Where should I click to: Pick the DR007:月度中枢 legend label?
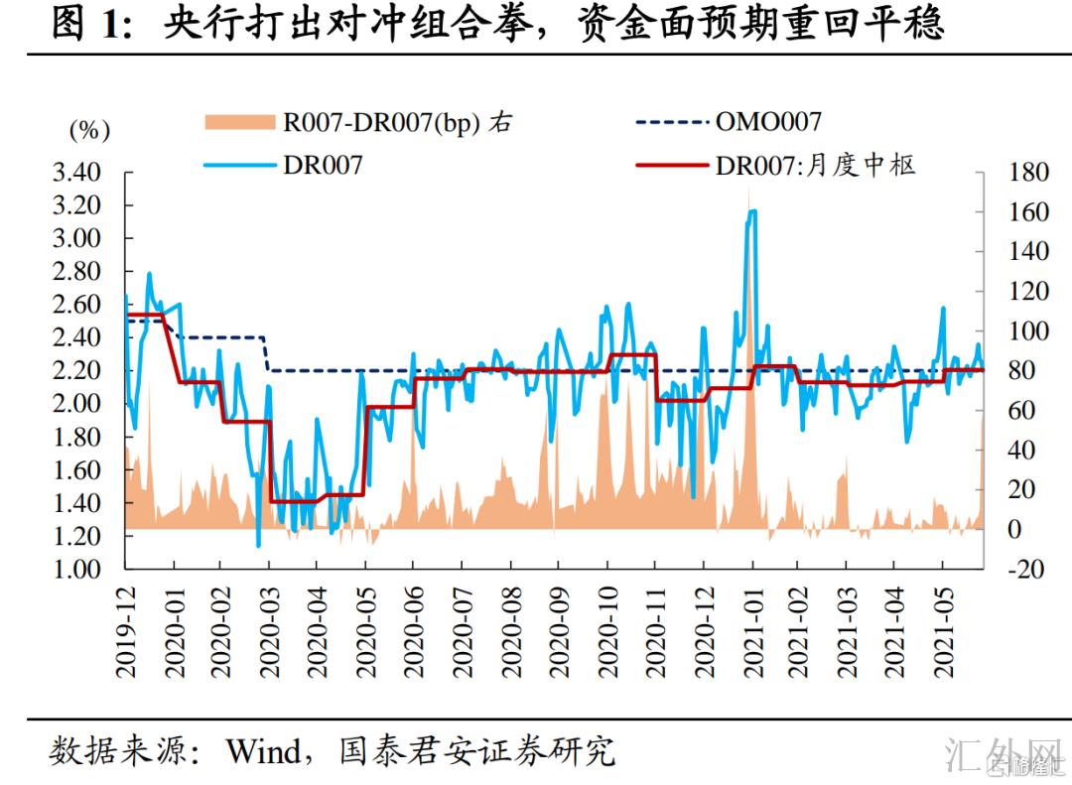pyautogui.click(x=815, y=165)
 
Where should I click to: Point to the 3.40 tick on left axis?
pyautogui.click(x=76, y=173)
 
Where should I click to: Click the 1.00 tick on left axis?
pyautogui.click(x=76, y=570)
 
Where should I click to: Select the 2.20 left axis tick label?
pyautogui.click(x=76, y=371)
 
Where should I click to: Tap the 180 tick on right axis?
pyautogui.click(x=1027, y=173)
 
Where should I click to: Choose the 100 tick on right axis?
pyautogui.click(x=1027, y=331)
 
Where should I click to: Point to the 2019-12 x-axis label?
pyautogui.click(x=126, y=631)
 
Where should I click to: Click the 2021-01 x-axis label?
pyautogui.click(x=751, y=631)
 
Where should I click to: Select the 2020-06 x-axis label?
pyautogui.click(x=414, y=631)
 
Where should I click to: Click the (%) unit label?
pyautogui.click(x=89, y=129)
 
